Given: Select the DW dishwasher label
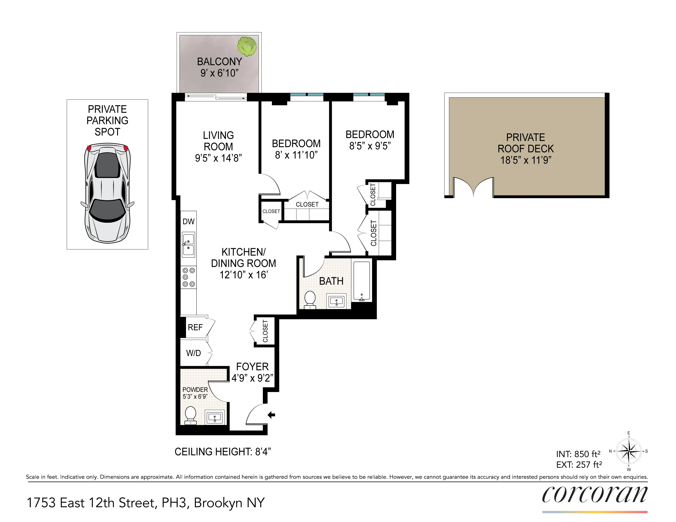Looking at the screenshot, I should click(x=188, y=222).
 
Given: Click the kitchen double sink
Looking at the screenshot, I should click(x=188, y=245).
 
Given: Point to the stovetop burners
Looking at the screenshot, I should click(x=188, y=277).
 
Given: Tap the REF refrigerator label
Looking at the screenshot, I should click(x=195, y=327).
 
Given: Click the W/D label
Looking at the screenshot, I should click(x=194, y=353).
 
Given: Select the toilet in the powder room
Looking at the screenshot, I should click(x=190, y=416).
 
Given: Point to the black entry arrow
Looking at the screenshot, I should click(x=271, y=415).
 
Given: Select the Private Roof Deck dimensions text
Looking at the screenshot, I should click(x=525, y=160).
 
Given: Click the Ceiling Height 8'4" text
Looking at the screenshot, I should click(x=223, y=452).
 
